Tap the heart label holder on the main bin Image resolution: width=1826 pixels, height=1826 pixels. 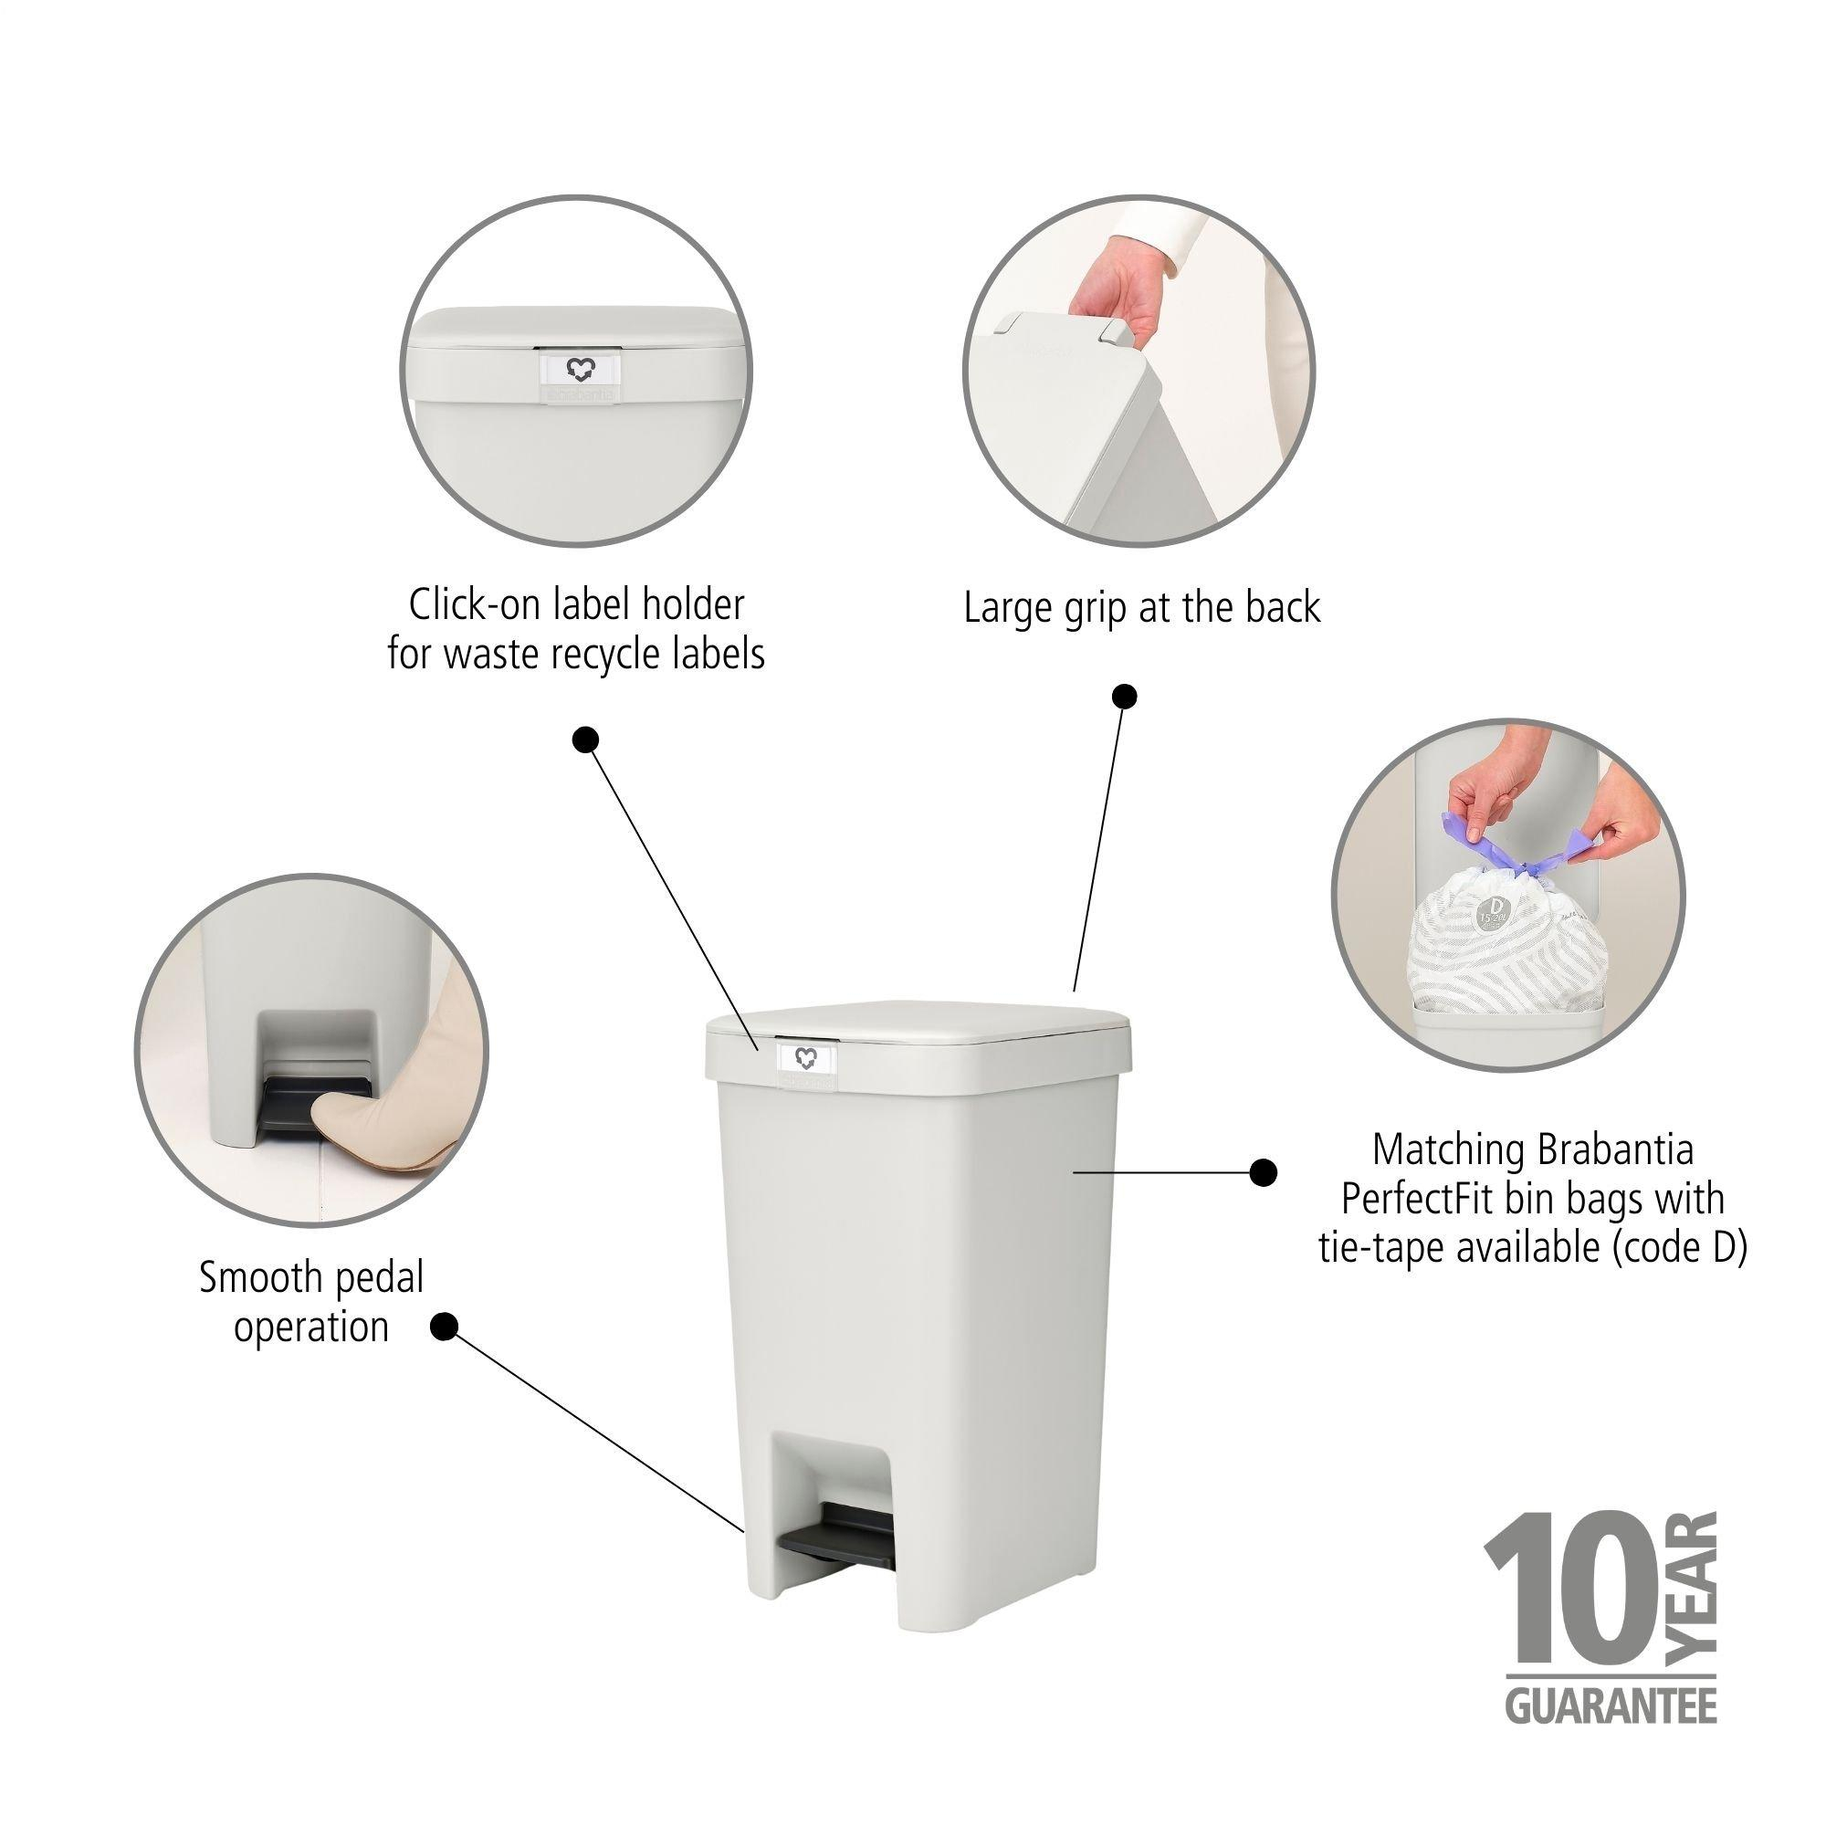pyautogui.click(x=805, y=1055)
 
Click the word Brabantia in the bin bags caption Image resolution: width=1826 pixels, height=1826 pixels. pyautogui.click(x=1613, y=1150)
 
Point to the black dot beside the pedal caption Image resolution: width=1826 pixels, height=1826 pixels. pyautogui.click(x=445, y=1328)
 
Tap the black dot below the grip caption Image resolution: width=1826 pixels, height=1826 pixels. pyautogui.click(x=1123, y=697)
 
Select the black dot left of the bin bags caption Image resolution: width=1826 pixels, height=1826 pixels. pyautogui.click(x=1263, y=1173)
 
